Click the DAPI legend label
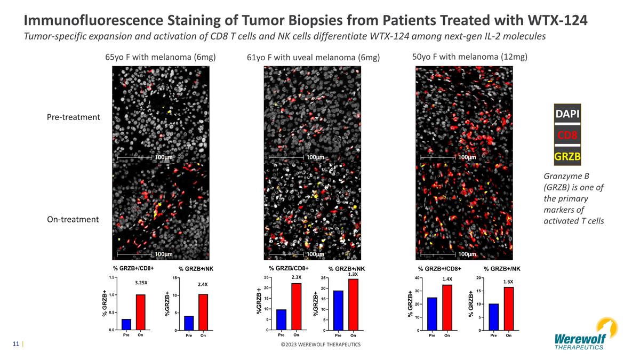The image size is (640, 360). [567, 114]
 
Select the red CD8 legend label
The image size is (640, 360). [567, 135]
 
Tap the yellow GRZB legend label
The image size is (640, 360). [567, 156]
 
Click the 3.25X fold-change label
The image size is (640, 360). [141, 283]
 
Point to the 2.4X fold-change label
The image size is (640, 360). [203, 285]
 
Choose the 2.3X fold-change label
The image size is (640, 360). [297, 277]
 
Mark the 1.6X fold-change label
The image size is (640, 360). [508, 282]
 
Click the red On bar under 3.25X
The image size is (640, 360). [141, 313]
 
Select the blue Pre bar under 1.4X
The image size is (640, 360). [432, 314]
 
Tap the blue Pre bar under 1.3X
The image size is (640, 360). [338, 310]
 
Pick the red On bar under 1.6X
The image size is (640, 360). [509, 309]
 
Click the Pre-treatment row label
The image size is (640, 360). [74, 117]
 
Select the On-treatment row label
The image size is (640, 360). [73, 219]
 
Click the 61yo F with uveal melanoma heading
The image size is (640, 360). [313, 58]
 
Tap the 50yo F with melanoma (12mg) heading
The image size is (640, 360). [469, 57]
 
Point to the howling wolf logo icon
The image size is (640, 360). [607, 328]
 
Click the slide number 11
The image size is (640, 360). [15, 343]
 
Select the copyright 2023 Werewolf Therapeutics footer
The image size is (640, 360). [321, 345]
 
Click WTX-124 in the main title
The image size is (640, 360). [557, 20]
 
